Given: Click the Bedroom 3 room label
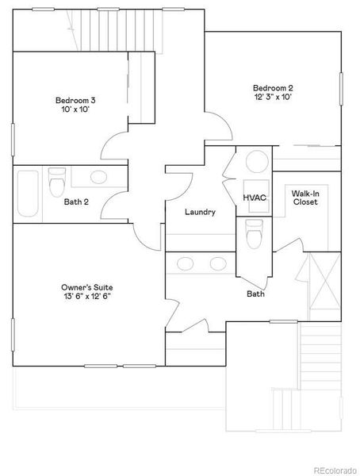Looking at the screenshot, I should click(x=75, y=100).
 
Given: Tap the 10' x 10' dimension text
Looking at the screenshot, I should click(x=75, y=110).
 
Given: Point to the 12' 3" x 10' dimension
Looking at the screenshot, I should click(x=273, y=97).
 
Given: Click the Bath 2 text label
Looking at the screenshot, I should click(x=76, y=202).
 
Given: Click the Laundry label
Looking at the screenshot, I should click(x=200, y=212).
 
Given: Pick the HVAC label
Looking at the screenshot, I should click(x=255, y=198).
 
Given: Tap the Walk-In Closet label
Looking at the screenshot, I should click(x=304, y=198).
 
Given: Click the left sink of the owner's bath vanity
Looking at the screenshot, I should click(x=186, y=263).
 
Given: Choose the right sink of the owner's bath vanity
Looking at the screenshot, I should click(x=216, y=263).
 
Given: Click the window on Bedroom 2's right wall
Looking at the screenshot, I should click(x=341, y=94).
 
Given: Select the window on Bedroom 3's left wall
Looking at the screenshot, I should click(x=13, y=140).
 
